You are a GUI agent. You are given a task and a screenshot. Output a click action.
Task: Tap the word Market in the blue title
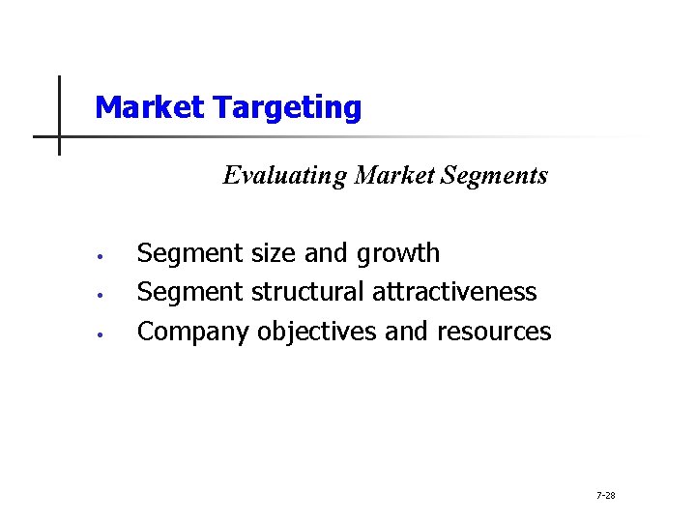click(150, 106)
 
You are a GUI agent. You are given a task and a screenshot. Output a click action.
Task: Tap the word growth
click(398, 254)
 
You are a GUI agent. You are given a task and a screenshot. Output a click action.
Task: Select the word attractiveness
click(454, 292)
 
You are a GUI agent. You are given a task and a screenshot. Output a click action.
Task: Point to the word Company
click(193, 332)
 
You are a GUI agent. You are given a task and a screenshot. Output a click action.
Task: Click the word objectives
click(317, 332)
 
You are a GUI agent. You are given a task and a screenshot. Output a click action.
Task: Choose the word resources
click(494, 332)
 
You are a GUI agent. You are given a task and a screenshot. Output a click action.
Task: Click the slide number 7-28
click(606, 496)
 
